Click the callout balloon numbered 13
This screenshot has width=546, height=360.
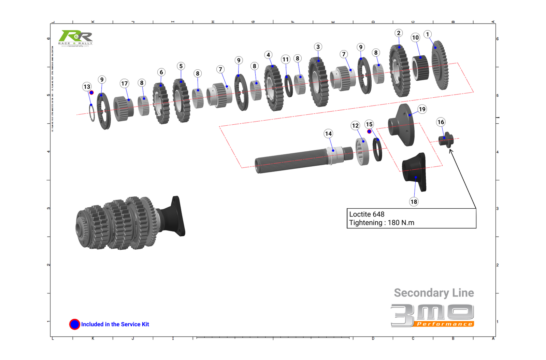click(x=87, y=87)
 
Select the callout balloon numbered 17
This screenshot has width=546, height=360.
click(x=124, y=83)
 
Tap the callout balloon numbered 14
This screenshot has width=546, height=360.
click(x=328, y=134)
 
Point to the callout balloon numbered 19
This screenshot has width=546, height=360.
click(x=422, y=109)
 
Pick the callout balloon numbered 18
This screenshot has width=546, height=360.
click(x=414, y=202)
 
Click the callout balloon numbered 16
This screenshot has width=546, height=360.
click(x=441, y=122)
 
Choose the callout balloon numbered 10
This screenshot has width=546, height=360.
click(x=415, y=38)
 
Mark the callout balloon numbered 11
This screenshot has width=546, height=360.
click(x=285, y=59)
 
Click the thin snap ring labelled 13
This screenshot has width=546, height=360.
click(x=92, y=113)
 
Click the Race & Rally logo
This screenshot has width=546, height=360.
click(x=75, y=38)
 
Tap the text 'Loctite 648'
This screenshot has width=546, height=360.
click(x=367, y=214)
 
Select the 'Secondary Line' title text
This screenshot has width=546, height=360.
click(x=434, y=293)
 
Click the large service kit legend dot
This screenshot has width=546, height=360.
click(x=74, y=324)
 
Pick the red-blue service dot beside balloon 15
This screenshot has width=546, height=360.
click(x=369, y=131)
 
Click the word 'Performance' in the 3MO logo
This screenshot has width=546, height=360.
click(x=444, y=324)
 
